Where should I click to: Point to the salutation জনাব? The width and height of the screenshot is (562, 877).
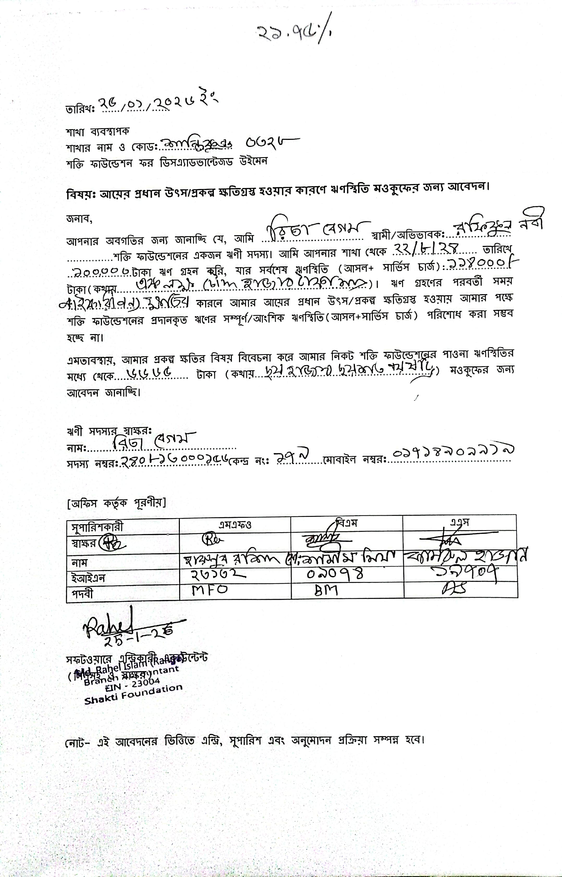click(x=79, y=219)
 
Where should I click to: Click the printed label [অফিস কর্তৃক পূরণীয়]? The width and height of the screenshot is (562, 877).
click(x=116, y=503)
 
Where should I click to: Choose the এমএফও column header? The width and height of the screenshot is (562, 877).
click(x=235, y=525)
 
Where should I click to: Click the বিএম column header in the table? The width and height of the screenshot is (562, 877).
click(x=347, y=523)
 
